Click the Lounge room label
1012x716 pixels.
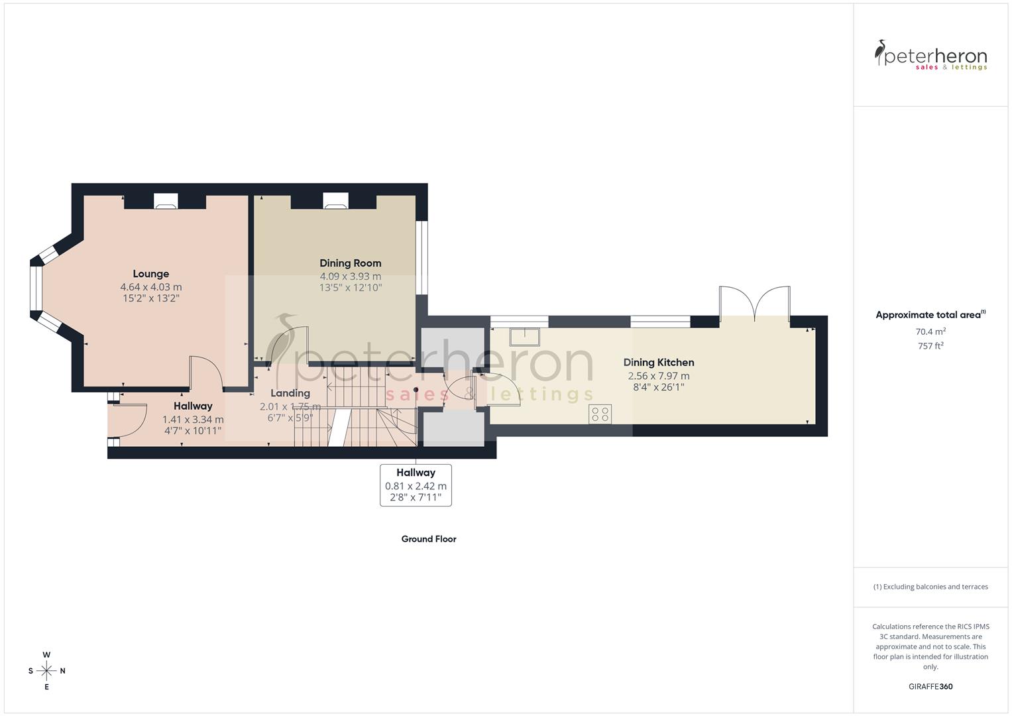pos(151,274)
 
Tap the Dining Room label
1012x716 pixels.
pos(350,263)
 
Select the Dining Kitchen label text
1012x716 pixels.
pos(658,363)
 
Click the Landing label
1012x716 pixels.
pos(290,393)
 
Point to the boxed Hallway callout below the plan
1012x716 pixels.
pos(416,485)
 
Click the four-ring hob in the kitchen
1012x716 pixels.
pos(600,414)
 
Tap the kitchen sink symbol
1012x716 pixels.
pos(524,336)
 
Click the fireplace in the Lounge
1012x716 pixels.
pos(165,201)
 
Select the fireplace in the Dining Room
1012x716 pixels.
pos(335,201)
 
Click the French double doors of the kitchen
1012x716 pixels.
pos(754,304)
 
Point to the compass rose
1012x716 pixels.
pos(46,671)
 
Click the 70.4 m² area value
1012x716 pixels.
pos(930,331)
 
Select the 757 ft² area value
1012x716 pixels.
pos(930,345)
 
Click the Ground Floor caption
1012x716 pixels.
pos(428,539)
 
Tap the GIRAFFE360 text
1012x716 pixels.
pos(930,686)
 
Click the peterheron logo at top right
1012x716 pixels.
pos(930,56)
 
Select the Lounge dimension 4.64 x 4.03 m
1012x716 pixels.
pos(151,287)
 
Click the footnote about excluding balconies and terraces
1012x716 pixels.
pos(930,587)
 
